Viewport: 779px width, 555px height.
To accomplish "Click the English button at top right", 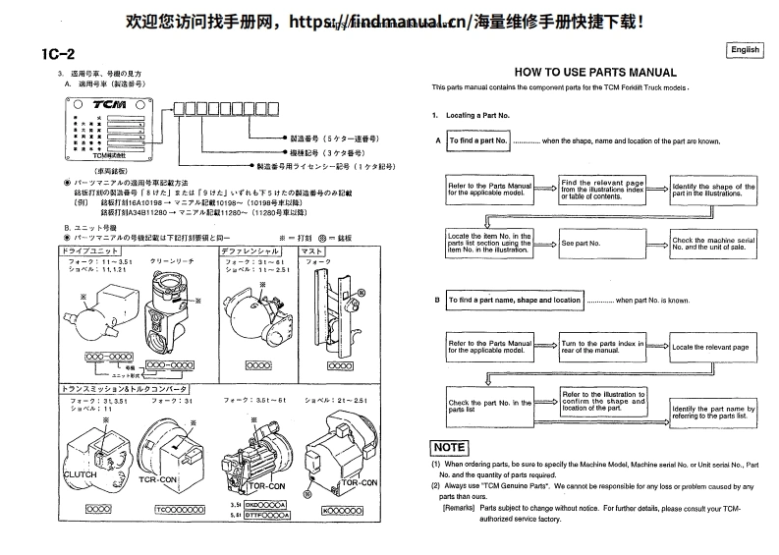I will [745, 50].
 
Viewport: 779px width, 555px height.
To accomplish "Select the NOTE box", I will [450, 447].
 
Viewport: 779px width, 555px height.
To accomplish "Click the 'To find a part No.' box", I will [477, 141].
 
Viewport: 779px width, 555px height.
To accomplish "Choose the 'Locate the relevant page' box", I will [712, 347].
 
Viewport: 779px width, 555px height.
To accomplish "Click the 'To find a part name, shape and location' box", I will [515, 300].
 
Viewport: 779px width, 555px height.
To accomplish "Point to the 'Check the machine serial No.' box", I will [713, 242].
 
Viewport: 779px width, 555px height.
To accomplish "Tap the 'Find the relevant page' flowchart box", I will [601, 189].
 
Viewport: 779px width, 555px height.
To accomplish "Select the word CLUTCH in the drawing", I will [80, 472].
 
